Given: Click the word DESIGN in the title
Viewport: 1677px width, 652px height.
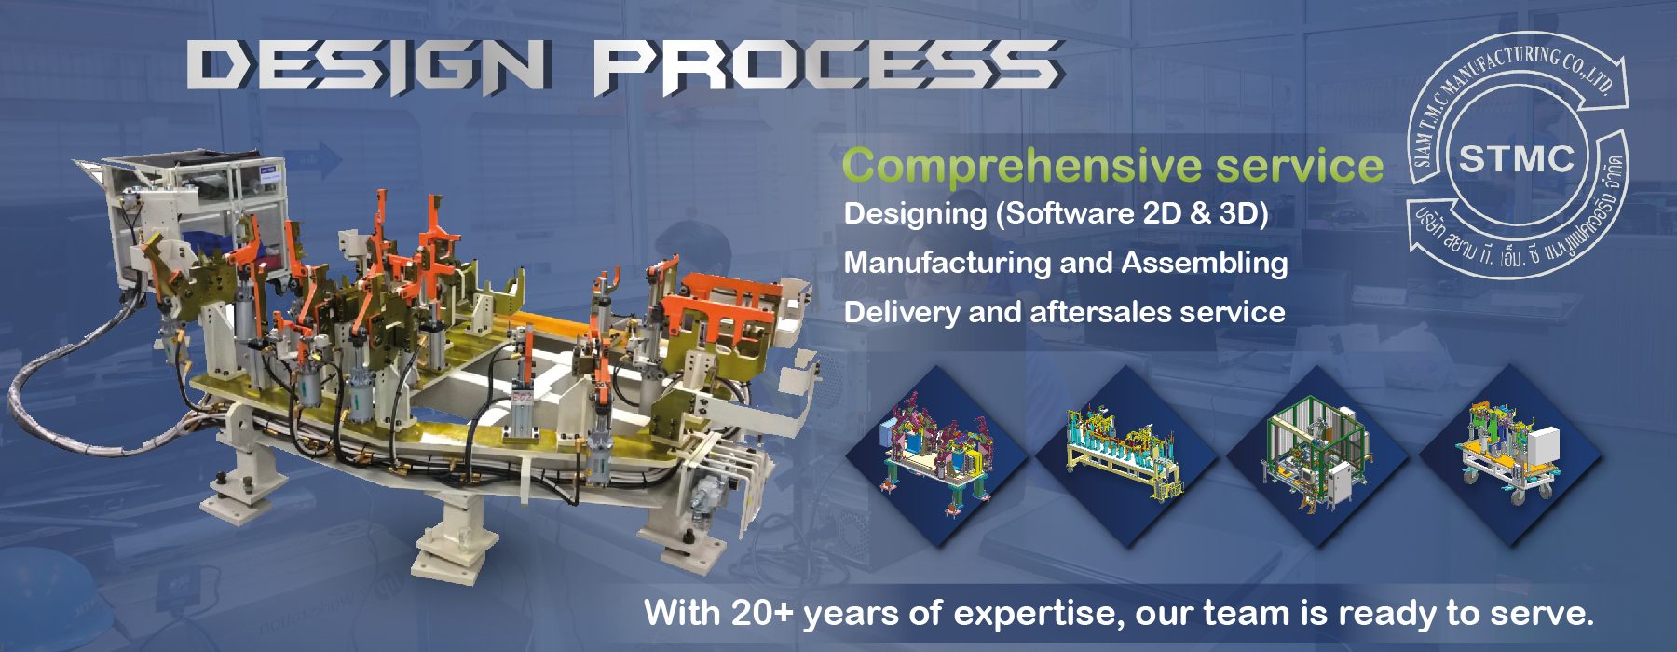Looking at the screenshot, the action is pos(367,66).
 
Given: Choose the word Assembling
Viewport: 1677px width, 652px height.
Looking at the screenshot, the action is pos(1205,264).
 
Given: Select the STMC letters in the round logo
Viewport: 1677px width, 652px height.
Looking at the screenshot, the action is pos(1516,159).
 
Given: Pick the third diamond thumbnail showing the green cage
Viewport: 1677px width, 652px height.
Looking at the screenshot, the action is pos(1317,455).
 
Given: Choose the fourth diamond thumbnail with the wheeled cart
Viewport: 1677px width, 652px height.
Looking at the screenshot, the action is pos(1509,455).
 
